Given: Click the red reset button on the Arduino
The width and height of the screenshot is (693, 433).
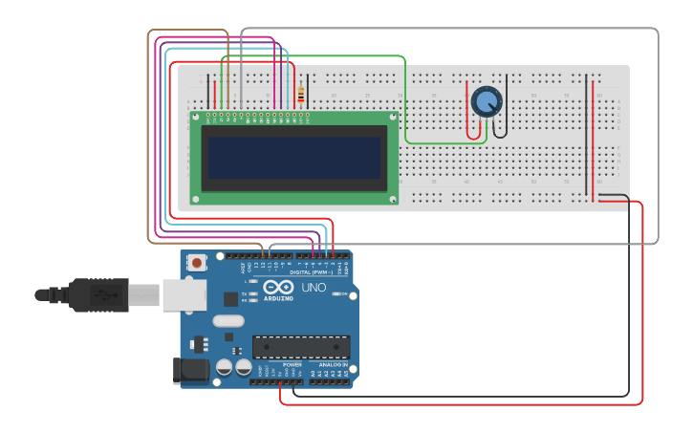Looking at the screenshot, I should [197, 262].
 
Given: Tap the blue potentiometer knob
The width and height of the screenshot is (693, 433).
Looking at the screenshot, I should [486, 100].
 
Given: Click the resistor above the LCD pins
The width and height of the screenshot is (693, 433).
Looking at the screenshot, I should [302, 95].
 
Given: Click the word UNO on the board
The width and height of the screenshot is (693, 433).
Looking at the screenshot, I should [314, 287].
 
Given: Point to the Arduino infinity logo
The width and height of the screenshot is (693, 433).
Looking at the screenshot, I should [278, 287].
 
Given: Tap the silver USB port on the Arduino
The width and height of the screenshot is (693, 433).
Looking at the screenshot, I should [184, 294].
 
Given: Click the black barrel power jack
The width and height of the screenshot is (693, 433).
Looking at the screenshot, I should [190, 371].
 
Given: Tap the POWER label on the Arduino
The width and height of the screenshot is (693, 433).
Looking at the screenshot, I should [292, 364].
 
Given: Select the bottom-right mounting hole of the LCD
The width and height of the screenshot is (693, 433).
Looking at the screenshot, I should [393, 199].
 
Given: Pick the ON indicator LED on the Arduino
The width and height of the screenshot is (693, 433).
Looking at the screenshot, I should [336, 294].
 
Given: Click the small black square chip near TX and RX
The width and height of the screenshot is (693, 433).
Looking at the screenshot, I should [230, 298].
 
